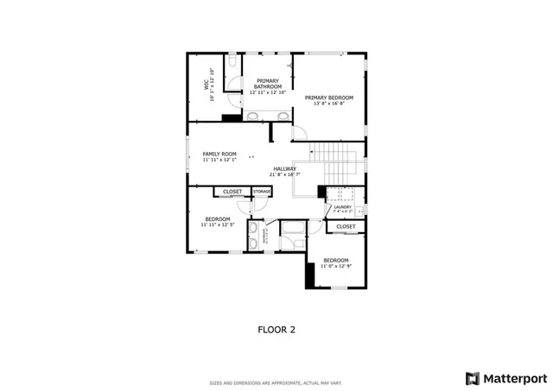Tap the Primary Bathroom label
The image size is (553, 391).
268,84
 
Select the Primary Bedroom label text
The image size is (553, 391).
329,98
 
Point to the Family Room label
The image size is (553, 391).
219,154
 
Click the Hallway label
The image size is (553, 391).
285,168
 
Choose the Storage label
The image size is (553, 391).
262,191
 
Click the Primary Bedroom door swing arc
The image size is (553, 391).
299,133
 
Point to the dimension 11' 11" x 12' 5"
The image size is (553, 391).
218,224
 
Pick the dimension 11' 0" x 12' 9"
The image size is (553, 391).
336,266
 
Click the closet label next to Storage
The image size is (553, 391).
232,191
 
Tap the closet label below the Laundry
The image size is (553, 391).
346,226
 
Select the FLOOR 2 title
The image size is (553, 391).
276,329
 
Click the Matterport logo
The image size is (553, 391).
506,378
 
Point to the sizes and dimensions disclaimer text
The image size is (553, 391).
276,383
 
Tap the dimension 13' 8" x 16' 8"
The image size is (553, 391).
329,104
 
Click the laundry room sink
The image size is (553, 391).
359,210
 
